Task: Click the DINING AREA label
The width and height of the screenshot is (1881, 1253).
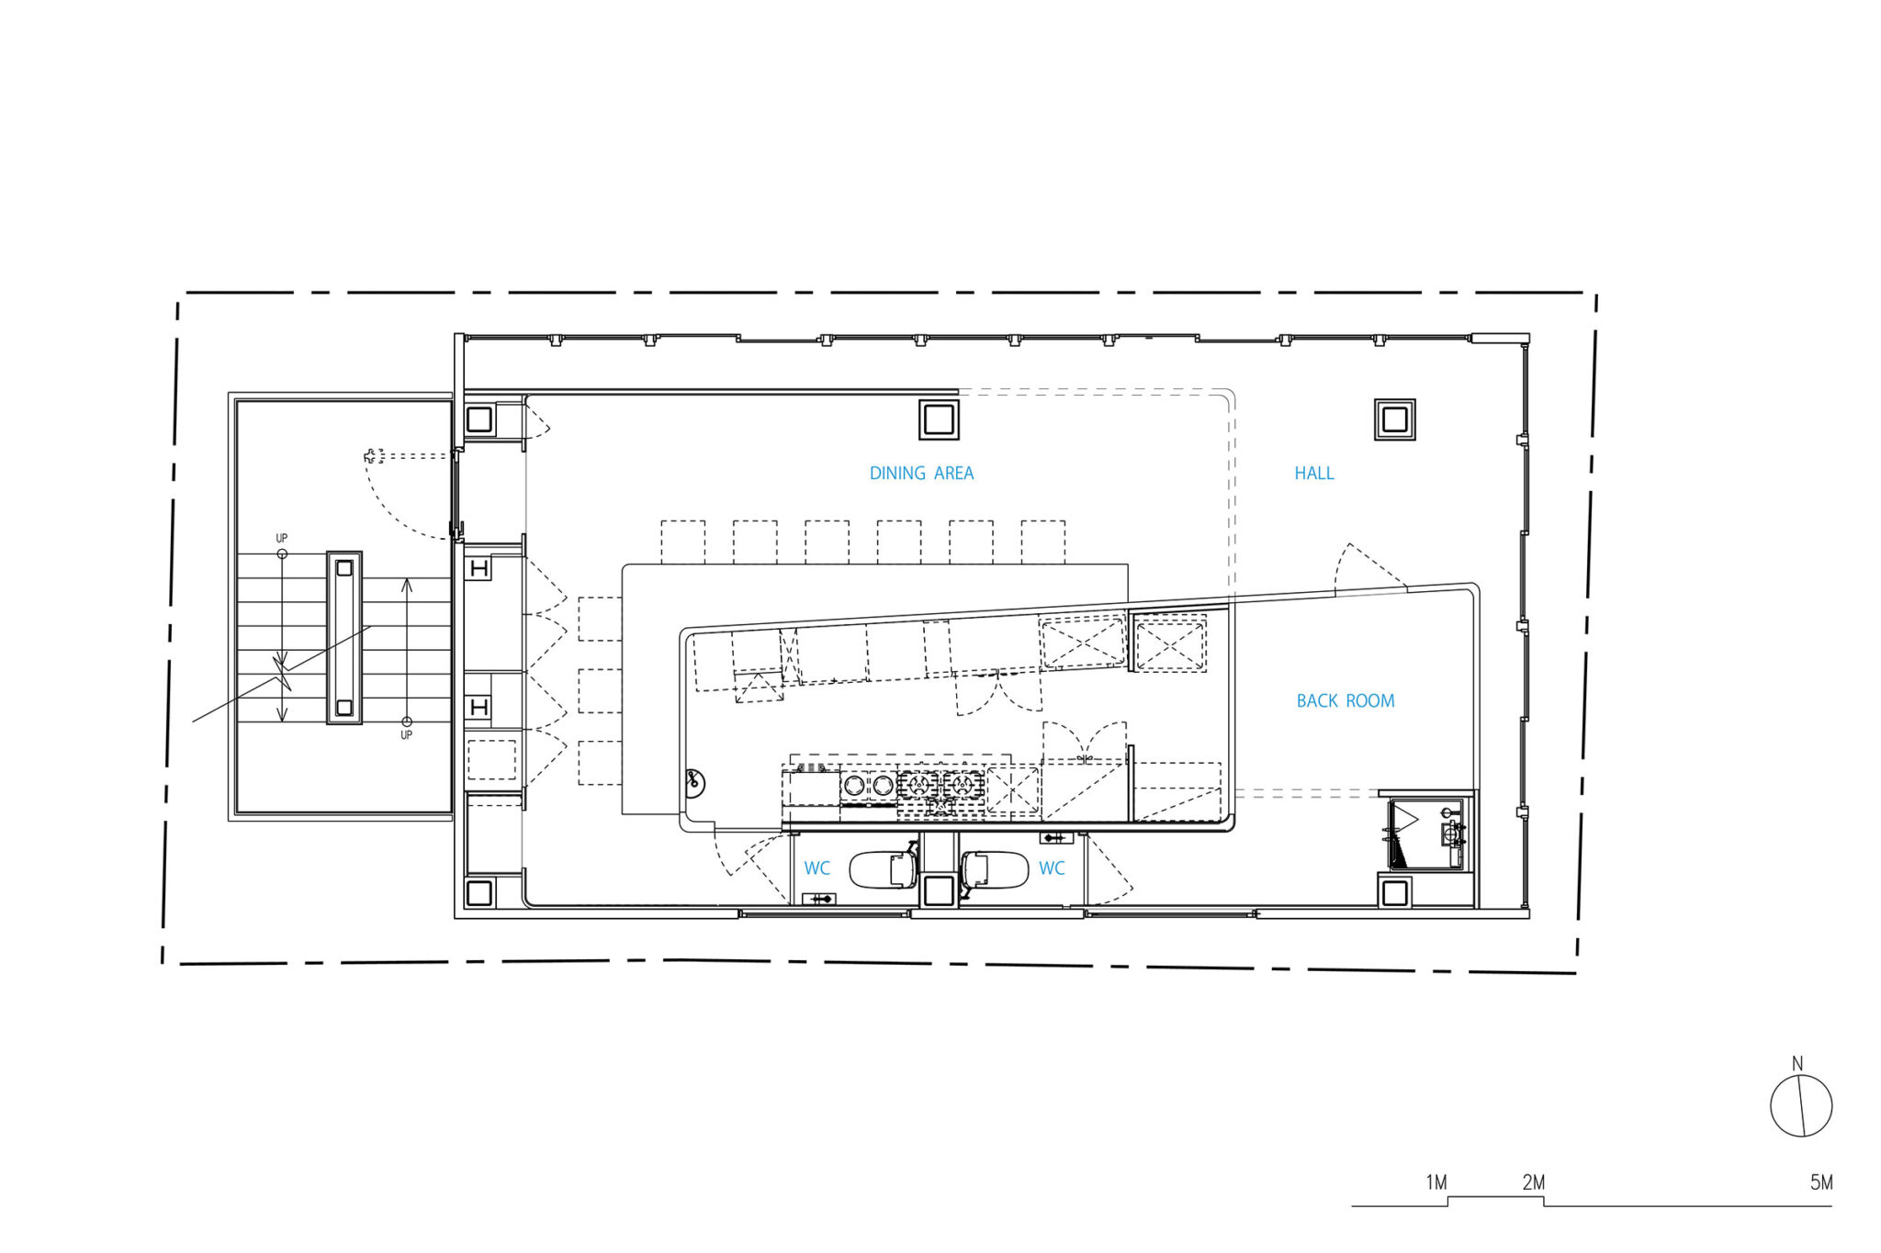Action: tap(921, 474)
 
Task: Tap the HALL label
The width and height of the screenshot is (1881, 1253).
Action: tap(1314, 474)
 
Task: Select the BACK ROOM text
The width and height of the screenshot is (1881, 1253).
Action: tap(1346, 701)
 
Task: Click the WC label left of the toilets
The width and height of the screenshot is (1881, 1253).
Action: tap(817, 868)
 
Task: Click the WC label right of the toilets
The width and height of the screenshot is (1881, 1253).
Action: tap(1052, 868)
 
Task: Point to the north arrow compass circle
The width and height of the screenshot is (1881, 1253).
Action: tap(1801, 1106)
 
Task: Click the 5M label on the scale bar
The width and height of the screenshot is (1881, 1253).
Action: tap(1821, 1182)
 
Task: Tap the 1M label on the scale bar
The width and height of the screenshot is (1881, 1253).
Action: tap(1436, 1182)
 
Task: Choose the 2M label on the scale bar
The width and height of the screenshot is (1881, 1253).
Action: tap(1533, 1182)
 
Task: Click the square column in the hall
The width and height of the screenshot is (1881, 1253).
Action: tap(1394, 420)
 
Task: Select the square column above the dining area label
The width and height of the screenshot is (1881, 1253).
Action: tap(939, 420)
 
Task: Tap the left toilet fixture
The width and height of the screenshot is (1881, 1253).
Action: tap(884, 869)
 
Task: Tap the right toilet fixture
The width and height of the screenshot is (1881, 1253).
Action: tap(995, 869)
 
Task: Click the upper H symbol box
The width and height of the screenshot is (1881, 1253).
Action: tap(479, 569)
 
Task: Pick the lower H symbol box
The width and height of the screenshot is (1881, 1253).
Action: tap(479, 707)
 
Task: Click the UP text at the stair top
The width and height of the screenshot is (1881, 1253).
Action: tap(282, 539)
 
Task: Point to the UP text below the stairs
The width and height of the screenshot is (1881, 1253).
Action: tap(406, 735)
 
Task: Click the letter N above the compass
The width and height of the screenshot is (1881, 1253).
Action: tap(1797, 1064)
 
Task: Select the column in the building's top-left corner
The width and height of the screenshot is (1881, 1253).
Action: tap(479, 420)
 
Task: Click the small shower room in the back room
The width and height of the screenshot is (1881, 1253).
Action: tap(1428, 832)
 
